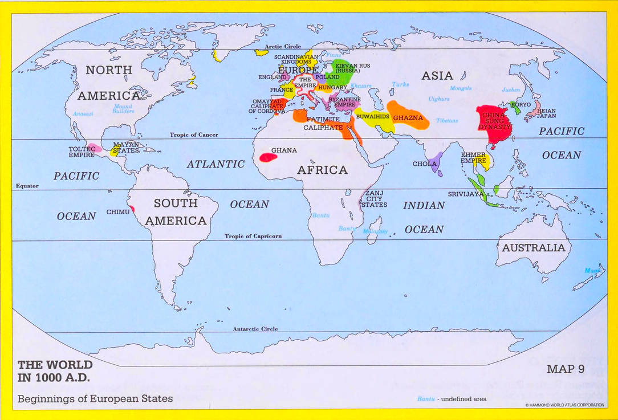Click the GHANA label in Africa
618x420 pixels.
click(284, 150)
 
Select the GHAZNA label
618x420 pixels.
click(408, 118)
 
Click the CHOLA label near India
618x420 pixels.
click(424, 164)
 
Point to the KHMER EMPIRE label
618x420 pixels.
click(473, 158)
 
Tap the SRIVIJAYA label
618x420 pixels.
click(466, 194)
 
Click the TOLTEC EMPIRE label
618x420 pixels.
click(82, 152)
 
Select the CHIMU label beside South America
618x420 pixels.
click(118, 212)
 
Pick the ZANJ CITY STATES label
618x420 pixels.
click(376, 199)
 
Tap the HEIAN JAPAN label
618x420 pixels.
click(546, 113)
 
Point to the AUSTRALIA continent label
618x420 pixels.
click(533, 248)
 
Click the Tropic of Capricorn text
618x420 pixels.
click(253, 236)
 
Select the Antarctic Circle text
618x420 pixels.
click(255, 329)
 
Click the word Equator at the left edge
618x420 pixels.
click(27, 186)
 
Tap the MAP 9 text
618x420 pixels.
click(566, 369)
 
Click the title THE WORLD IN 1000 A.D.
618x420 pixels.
click(55, 370)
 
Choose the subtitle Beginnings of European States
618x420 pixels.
click(95, 399)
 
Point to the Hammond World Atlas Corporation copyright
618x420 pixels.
click(564, 405)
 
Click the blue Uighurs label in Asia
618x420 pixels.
click(438, 99)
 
